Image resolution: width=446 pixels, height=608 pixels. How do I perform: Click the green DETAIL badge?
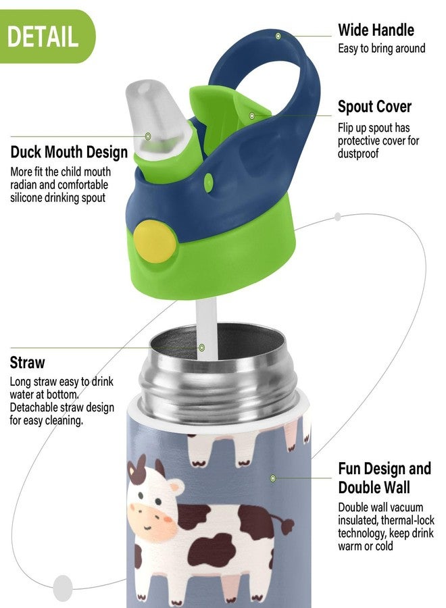47,36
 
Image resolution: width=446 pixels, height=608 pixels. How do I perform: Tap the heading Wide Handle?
376,30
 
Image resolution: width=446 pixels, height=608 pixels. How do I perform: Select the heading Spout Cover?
374,107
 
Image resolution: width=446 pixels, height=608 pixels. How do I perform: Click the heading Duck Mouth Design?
69,152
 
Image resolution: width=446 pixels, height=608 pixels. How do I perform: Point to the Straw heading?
27,363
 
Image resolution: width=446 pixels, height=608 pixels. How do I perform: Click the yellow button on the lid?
155,241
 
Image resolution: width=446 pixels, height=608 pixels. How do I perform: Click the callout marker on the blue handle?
278,36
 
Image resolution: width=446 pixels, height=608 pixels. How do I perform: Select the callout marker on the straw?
201,347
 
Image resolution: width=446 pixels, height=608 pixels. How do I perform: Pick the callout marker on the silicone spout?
148,136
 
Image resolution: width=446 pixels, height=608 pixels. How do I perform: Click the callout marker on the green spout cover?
252,116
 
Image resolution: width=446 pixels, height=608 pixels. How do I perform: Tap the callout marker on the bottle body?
273,478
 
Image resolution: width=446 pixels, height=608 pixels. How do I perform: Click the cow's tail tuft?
288,526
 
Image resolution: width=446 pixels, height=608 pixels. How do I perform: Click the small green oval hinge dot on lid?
209,182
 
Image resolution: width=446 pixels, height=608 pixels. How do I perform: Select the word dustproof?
358,153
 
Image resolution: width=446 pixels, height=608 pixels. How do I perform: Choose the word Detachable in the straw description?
35,407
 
